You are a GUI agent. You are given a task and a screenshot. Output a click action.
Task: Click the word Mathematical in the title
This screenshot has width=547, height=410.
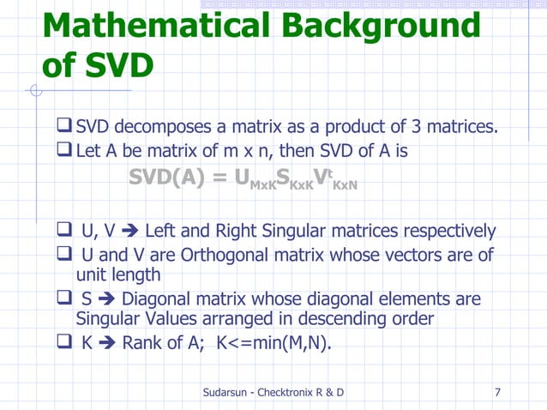(x=151, y=27)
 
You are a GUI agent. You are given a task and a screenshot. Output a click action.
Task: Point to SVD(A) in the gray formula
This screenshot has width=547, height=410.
(x=171, y=178)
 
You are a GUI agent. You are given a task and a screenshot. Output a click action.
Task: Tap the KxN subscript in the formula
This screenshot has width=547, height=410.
(x=345, y=185)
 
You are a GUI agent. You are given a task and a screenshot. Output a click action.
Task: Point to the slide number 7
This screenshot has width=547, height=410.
(x=498, y=393)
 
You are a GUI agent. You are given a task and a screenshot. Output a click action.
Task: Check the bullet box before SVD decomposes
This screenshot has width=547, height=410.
(x=63, y=128)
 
